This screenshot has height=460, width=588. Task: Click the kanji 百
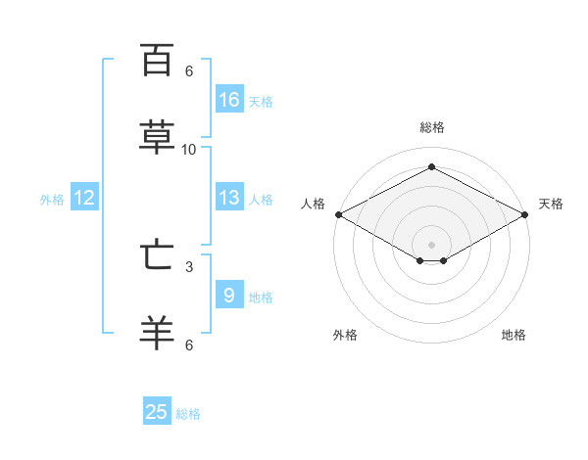(x=157, y=60)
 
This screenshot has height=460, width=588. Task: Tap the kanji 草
(x=157, y=137)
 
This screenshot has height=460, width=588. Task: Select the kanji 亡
(x=157, y=254)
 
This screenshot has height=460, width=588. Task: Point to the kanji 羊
(x=157, y=333)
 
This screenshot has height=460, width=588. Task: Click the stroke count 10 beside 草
(x=188, y=150)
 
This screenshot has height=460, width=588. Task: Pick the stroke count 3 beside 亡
(x=189, y=267)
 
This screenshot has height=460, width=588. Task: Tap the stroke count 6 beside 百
(x=189, y=71)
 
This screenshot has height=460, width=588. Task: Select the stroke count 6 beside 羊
(x=189, y=345)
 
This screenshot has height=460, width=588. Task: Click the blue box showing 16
(x=229, y=99)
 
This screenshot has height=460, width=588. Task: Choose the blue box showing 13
(x=229, y=197)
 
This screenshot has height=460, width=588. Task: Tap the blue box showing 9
(x=229, y=294)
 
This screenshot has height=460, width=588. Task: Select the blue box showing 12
(x=84, y=197)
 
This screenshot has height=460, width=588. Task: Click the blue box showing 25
(x=157, y=410)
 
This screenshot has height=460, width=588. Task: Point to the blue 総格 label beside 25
(x=188, y=414)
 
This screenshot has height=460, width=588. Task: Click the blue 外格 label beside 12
(x=52, y=200)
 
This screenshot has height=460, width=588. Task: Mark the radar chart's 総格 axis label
(x=432, y=127)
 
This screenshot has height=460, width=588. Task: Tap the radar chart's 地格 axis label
(x=514, y=335)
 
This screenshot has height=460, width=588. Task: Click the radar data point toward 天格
(x=525, y=214)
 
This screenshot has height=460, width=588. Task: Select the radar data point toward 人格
(x=339, y=214)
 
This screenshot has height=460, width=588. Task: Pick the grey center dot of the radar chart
(x=431, y=245)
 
